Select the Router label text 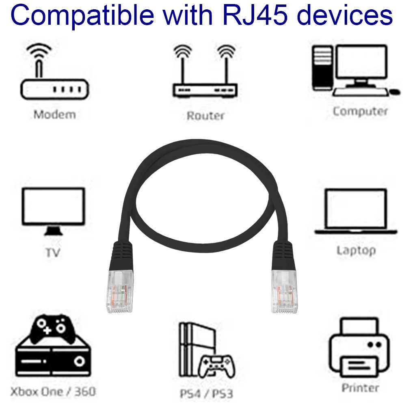pos(205,115)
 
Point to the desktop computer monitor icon pos(361,65)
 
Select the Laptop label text pos(356,250)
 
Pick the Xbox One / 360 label pos(53,391)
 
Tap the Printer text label pos(360,388)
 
